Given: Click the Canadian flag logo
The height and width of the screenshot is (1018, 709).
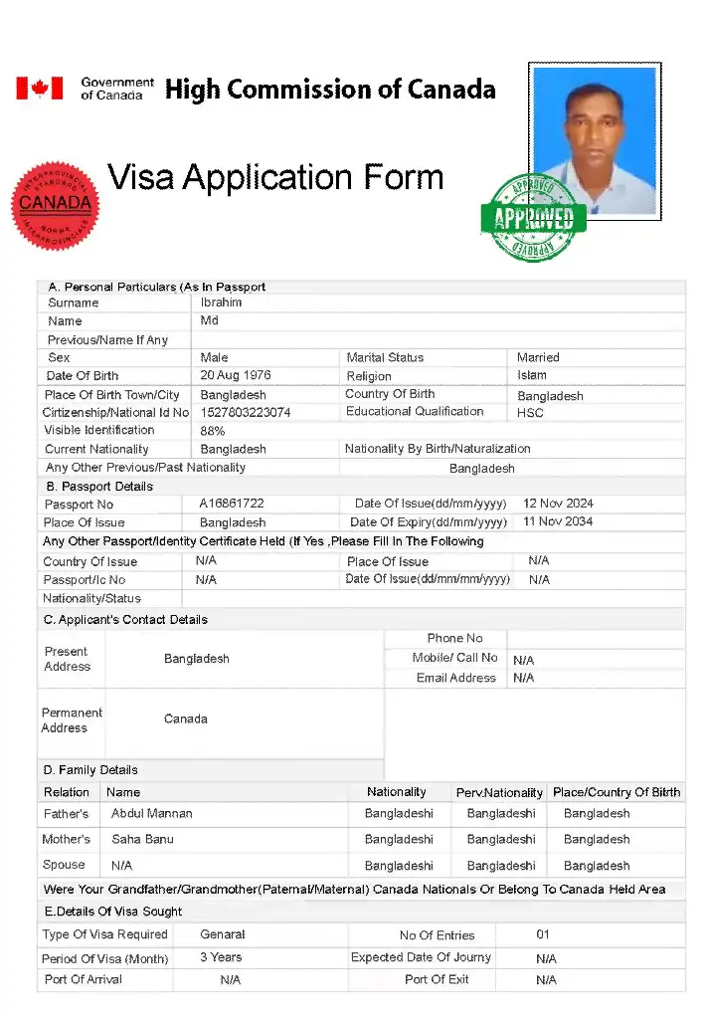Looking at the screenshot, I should (39, 89).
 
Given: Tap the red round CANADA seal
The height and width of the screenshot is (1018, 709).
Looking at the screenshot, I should (56, 205).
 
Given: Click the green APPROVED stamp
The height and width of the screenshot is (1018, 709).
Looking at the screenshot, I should (533, 217).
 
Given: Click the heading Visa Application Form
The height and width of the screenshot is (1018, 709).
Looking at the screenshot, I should (275, 178).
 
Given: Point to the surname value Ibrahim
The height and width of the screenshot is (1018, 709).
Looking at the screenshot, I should (221, 303).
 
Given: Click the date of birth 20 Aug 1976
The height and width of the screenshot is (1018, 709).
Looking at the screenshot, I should (236, 375).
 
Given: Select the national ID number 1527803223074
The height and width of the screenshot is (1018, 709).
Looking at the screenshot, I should (246, 412).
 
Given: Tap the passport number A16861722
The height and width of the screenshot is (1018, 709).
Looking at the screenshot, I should (232, 504).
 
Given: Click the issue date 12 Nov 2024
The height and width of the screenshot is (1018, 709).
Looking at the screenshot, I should (558, 504).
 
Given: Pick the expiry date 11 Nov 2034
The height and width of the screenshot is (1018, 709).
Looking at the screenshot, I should (558, 521).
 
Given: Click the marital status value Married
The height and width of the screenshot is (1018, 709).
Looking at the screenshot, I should (538, 357).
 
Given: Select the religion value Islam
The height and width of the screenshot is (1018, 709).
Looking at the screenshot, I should (532, 375).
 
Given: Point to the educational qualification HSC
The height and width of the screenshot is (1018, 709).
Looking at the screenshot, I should (530, 412).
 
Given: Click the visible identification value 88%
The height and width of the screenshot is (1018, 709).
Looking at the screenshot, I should (213, 431).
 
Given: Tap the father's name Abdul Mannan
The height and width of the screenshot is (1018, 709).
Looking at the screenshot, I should (152, 813).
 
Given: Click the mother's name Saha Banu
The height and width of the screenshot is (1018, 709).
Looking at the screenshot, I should (142, 839).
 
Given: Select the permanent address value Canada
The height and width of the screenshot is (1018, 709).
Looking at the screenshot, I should (186, 718).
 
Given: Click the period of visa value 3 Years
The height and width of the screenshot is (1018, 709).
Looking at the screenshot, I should (221, 957).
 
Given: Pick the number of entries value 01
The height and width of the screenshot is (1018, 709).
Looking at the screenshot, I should (543, 934).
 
